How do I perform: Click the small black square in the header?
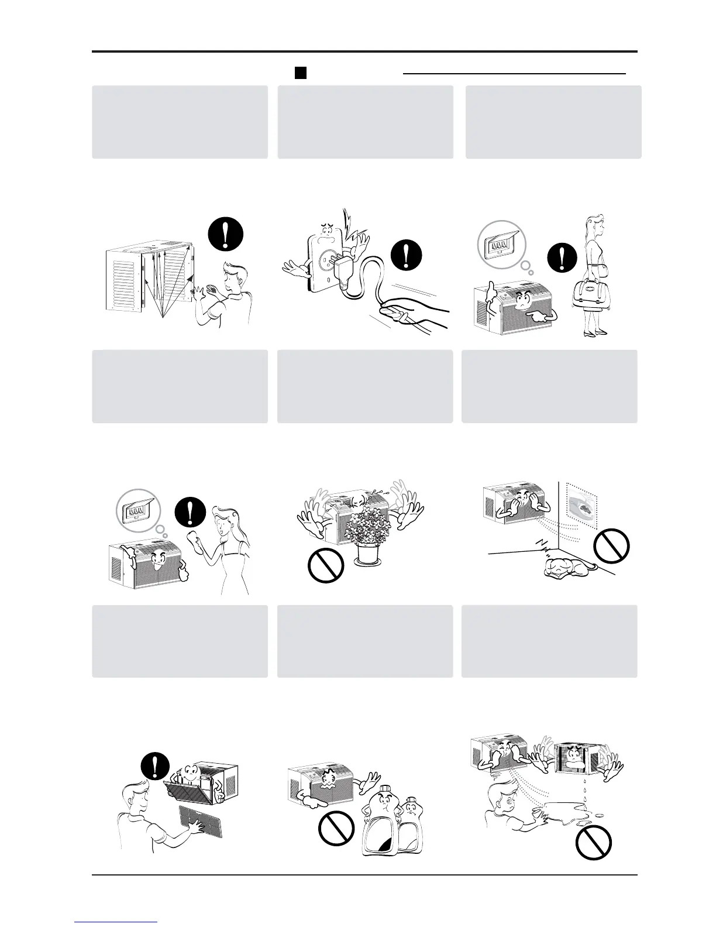pos(300,73)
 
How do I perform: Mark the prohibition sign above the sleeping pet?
pos(611,545)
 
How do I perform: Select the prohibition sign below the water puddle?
pos(594,843)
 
